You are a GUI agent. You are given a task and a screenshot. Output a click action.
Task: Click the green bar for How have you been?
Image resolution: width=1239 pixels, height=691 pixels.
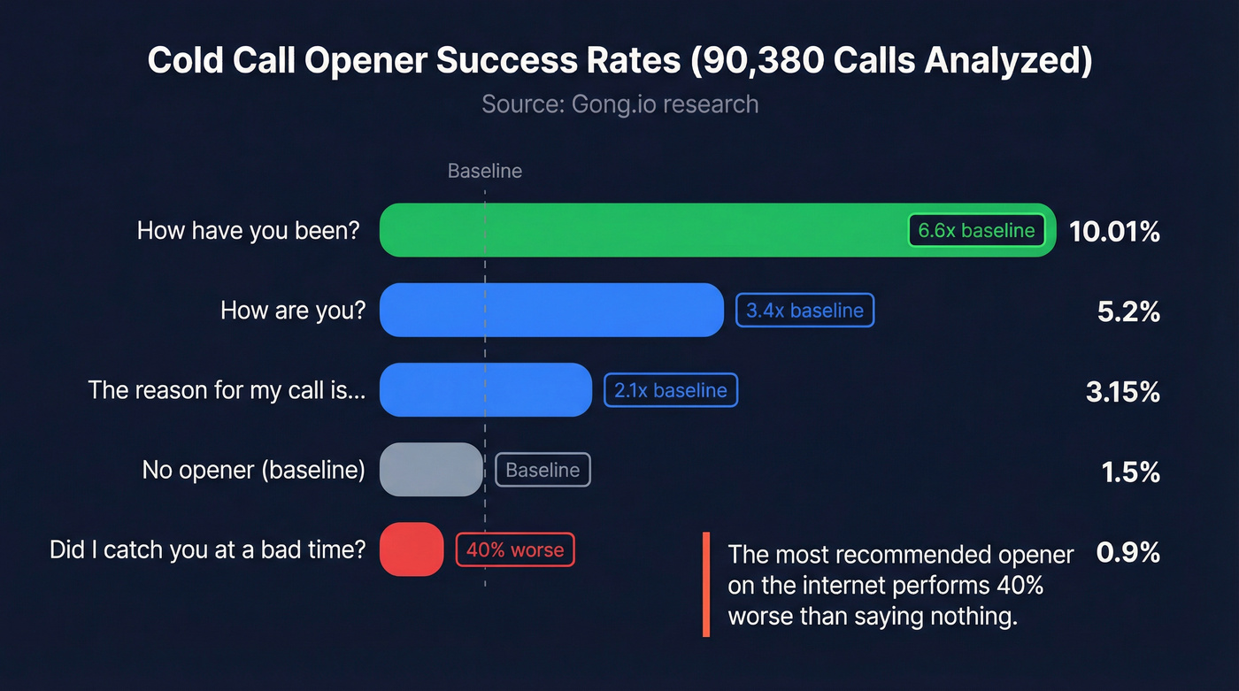(x=637, y=230)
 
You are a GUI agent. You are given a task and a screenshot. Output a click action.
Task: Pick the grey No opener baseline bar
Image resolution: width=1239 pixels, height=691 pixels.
(x=431, y=469)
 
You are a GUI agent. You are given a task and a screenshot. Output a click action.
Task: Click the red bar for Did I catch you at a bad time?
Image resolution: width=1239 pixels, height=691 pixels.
(x=411, y=549)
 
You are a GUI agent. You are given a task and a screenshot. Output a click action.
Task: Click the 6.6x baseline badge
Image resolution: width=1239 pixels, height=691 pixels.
(x=976, y=231)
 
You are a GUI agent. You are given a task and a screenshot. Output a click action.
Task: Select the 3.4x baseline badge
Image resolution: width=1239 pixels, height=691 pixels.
(x=804, y=311)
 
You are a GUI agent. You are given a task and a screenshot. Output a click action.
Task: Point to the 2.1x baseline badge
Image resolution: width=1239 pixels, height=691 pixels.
(x=671, y=390)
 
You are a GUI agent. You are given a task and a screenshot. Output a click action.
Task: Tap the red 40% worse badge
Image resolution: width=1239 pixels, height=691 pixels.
(x=515, y=549)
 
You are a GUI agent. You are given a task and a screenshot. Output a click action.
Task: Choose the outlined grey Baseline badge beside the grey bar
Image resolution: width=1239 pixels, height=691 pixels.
(x=543, y=470)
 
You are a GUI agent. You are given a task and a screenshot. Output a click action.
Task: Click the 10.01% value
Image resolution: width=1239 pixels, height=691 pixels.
(x=1114, y=232)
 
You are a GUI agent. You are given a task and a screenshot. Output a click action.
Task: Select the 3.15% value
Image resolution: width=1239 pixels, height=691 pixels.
(x=1122, y=391)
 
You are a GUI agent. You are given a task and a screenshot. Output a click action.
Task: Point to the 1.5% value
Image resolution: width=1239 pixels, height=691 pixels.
(x=1130, y=472)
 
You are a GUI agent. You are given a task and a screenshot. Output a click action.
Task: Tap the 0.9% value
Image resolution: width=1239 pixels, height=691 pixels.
(x=1127, y=552)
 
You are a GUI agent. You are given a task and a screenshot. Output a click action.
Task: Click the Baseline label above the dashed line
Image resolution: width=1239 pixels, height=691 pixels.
(x=485, y=171)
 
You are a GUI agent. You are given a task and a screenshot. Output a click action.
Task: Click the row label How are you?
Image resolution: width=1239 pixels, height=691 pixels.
(x=292, y=311)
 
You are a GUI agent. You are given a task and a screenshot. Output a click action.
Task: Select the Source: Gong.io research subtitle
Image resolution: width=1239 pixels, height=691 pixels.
(x=619, y=104)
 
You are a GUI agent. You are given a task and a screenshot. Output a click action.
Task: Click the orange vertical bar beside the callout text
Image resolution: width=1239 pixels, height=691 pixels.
(x=706, y=584)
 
